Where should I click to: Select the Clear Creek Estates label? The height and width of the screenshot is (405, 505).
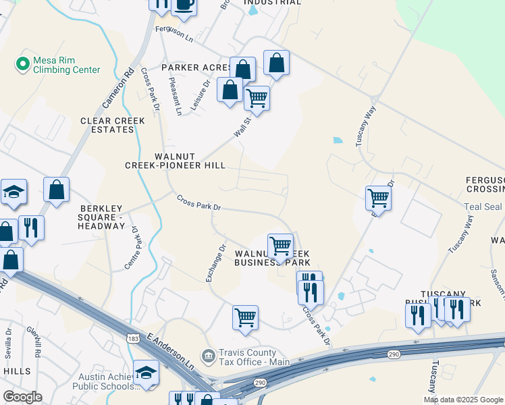coord(112,125)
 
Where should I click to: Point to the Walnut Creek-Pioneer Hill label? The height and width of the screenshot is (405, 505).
coord(175,161)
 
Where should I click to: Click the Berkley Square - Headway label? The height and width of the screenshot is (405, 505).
coord(102,217)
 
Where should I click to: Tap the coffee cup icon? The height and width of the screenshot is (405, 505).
coord(184,5)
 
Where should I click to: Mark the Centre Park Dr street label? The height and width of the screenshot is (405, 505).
coord(132,248)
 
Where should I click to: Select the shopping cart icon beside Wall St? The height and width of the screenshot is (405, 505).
coord(257,99)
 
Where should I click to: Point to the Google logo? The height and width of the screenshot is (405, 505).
coord(22,397)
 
